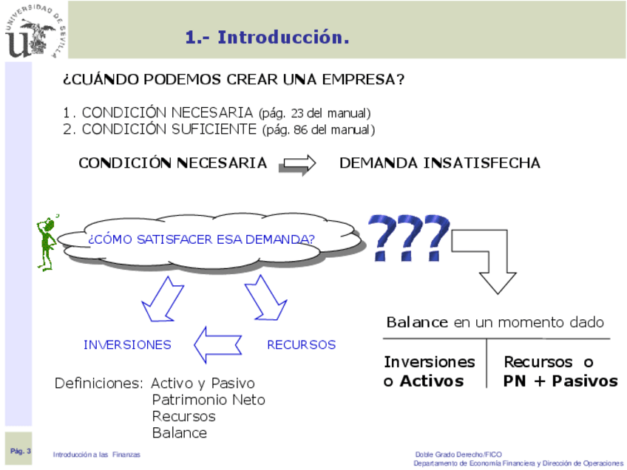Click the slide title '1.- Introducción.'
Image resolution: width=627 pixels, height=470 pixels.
267,37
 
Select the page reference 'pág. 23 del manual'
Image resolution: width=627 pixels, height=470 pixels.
314,113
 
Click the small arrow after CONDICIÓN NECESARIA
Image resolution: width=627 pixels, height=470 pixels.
297,164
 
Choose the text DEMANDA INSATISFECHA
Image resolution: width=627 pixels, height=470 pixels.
439,163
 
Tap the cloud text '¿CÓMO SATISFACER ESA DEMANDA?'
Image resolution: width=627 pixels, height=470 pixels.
201,239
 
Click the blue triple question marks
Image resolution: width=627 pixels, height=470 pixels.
409,236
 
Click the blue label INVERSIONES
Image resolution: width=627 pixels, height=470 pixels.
127,344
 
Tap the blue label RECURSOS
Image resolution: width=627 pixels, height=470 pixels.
301,344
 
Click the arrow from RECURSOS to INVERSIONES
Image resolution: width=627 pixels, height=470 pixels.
218,343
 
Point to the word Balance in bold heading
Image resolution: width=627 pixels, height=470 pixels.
417,323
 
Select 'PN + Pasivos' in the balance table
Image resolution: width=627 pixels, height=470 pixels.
560,381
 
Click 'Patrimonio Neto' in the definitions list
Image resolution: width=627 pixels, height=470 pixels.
209,400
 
